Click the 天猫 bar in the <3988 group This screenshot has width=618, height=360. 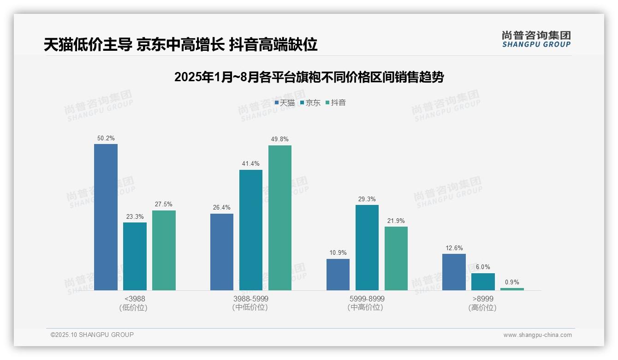coord(106,217)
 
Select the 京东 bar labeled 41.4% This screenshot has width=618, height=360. coord(251,230)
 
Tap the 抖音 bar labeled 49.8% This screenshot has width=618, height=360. coord(280,218)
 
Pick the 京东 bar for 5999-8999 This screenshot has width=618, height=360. coord(367,247)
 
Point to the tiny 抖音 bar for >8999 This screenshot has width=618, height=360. coord(512,289)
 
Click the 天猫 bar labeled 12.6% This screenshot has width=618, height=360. coord(454,272)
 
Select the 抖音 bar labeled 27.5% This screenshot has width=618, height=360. coord(164,250)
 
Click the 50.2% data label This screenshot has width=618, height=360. coord(106,138)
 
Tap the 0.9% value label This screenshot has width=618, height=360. coord(512,282)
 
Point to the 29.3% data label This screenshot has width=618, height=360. coord(367,199)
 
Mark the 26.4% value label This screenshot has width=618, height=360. coord(222,208)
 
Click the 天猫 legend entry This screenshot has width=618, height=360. coord(285,103)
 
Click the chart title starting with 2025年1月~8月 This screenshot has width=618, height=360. coord(309,77)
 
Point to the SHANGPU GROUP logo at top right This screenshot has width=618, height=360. coord(536,39)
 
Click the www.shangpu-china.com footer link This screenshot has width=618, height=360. coord(537,335)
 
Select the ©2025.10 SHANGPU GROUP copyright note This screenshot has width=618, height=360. coord(92,335)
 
